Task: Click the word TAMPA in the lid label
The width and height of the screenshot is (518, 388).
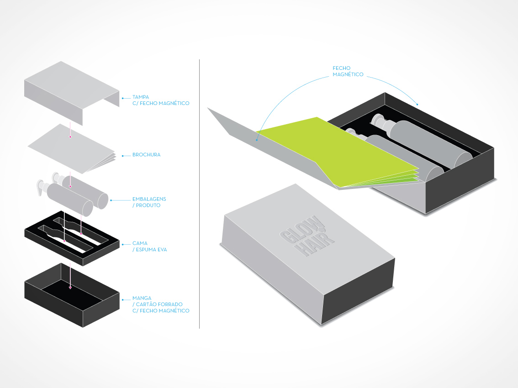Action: pos(140,97)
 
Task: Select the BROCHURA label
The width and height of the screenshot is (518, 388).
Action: pos(146,155)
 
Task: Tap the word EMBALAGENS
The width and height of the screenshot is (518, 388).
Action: pos(149,199)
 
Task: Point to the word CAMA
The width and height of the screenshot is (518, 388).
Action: pos(140,243)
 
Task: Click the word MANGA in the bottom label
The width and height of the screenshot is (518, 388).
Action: pos(142,298)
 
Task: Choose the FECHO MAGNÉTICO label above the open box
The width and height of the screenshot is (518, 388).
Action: pos(348,71)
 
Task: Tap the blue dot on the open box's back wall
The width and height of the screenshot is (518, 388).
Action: pos(417,105)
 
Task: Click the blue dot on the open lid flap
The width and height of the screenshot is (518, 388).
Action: pos(257,139)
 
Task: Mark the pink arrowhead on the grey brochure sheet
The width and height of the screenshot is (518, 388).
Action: pos(70,136)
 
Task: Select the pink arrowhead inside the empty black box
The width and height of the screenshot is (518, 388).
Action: pos(70,288)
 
